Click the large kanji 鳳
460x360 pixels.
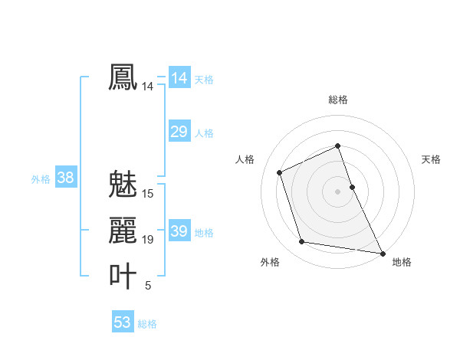point(123,78)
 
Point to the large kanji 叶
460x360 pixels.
point(123,277)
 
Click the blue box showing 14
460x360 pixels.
point(179,78)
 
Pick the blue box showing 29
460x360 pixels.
point(179,132)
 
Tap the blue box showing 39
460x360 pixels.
point(179,231)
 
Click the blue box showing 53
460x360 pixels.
point(122,322)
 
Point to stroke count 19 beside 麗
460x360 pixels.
point(148,240)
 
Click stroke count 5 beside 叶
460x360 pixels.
point(148,286)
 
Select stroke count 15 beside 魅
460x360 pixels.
point(148,194)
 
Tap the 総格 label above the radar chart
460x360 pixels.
point(338,100)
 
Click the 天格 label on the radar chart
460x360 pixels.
point(432,159)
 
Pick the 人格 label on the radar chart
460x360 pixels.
point(245,159)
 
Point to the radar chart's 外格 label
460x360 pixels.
point(270,262)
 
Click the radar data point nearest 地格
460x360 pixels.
point(382,252)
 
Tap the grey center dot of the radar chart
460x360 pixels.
point(338,191)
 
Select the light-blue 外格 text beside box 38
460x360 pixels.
point(41,179)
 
